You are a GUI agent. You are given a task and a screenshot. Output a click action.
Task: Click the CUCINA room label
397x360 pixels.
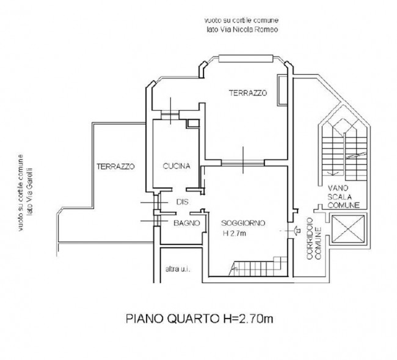pyautogui.click(x=177, y=166)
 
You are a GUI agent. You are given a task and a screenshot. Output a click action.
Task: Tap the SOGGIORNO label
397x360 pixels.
pyautogui.click(x=243, y=223)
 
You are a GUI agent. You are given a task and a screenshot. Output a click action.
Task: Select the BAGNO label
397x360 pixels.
pyautogui.click(x=187, y=223)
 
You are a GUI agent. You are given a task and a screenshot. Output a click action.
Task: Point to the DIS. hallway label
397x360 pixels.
pyautogui.click(x=182, y=202)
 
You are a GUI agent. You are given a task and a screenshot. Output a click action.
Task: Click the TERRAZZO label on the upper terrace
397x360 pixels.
pyautogui.click(x=248, y=93)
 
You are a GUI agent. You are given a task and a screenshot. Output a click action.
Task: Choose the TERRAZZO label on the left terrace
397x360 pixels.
pyautogui.click(x=115, y=166)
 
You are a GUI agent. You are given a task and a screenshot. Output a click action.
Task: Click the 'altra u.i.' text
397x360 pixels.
pyautogui.click(x=178, y=269)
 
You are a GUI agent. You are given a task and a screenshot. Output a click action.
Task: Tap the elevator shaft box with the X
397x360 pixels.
pyautogui.click(x=348, y=229)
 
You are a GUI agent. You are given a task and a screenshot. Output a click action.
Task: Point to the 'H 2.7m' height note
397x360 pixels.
pyautogui.click(x=234, y=233)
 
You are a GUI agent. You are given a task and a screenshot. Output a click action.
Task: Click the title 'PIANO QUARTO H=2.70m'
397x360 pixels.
pyautogui.click(x=200, y=318)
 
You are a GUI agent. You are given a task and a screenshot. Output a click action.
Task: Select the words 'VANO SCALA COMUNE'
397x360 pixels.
pyautogui.click(x=343, y=197)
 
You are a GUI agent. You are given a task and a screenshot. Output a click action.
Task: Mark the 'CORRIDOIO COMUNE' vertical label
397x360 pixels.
pyautogui.click(x=314, y=238)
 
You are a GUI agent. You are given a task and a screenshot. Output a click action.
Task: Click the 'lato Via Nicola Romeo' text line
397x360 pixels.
pyautogui.click(x=242, y=29)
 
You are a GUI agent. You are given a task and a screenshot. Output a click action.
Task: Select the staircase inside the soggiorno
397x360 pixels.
pyautogui.click(x=258, y=266)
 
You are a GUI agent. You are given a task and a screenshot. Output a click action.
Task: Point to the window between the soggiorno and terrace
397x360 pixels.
pyautogui.click(x=243, y=163)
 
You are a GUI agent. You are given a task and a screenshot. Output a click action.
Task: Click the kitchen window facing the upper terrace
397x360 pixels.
pyautogui.click(x=170, y=116)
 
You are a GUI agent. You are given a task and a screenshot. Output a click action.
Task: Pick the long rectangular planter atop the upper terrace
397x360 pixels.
pyautogui.click(x=246, y=59)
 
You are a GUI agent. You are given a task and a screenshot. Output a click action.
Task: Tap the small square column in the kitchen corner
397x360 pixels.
pyautogui.click(x=193, y=123)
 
